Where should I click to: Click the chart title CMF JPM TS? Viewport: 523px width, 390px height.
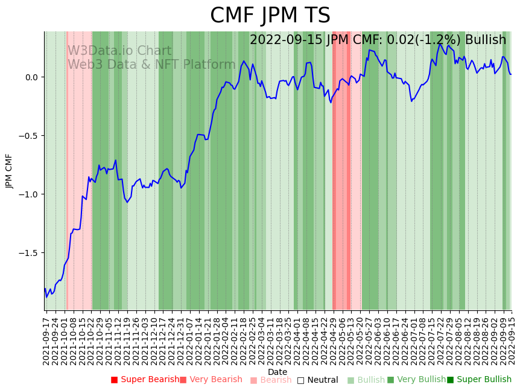pyautogui.click(x=270, y=16)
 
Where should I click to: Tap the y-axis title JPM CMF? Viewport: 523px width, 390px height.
pyautogui.click(x=10, y=171)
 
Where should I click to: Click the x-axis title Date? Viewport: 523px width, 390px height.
pyautogui.click(x=277, y=372)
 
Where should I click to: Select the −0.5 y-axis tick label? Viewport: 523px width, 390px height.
pyautogui.click(x=28, y=136)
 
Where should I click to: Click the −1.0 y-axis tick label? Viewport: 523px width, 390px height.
pyautogui.click(x=28, y=194)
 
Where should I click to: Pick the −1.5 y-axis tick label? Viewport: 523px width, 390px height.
pyautogui.click(x=28, y=253)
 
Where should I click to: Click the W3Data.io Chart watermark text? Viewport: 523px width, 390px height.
pyautogui.click(x=119, y=51)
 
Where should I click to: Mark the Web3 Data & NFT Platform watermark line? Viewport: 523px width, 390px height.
pyautogui.click(x=151, y=65)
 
